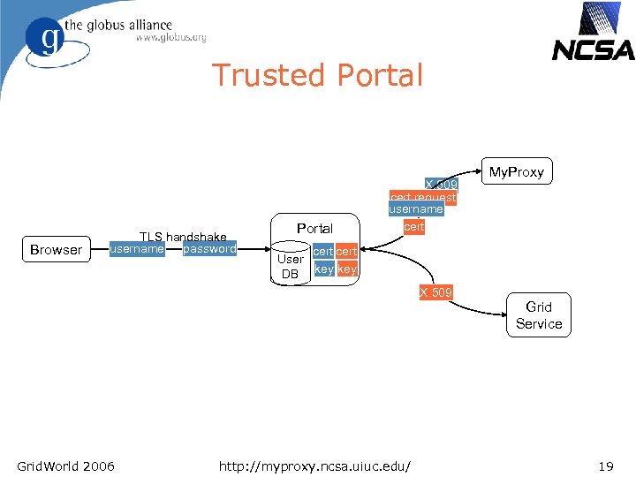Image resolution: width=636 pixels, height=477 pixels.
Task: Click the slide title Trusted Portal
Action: (x=317, y=76)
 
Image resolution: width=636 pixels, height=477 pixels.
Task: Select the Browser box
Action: (x=56, y=250)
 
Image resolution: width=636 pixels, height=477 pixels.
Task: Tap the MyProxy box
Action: (x=517, y=171)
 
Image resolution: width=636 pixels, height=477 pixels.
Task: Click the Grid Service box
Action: (x=539, y=315)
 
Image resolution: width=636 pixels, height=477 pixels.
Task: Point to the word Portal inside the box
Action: (x=314, y=229)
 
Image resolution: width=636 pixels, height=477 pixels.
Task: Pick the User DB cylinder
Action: (x=290, y=267)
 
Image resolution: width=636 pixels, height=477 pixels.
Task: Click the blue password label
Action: (x=209, y=249)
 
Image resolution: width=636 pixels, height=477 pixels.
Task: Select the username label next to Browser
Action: (x=136, y=249)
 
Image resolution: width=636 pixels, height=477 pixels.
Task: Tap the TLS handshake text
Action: (x=184, y=237)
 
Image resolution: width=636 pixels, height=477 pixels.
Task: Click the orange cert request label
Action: (x=423, y=198)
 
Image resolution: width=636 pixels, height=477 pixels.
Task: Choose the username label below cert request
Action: (x=416, y=210)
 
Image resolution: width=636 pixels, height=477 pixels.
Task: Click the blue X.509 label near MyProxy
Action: (x=441, y=185)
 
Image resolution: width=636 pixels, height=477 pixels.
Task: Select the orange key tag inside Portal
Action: (x=348, y=269)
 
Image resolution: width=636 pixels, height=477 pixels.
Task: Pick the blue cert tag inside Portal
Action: (x=323, y=253)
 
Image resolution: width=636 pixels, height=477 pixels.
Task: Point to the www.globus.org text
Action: (x=170, y=38)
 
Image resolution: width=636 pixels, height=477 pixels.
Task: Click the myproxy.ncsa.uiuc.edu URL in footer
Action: (x=320, y=466)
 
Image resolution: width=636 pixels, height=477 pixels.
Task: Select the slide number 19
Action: (x=605, y=466)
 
